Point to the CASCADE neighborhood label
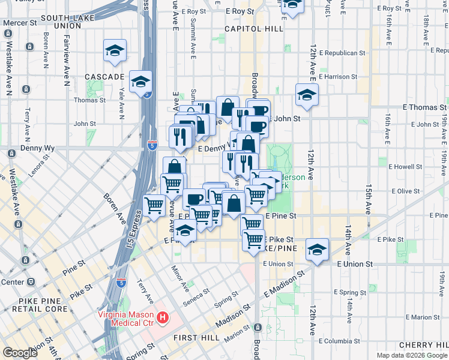[x=104, y=77]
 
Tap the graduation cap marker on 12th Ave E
[x=307, y=95]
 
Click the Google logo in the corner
[x=20, y=353]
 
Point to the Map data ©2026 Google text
[x=411, y=355]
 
